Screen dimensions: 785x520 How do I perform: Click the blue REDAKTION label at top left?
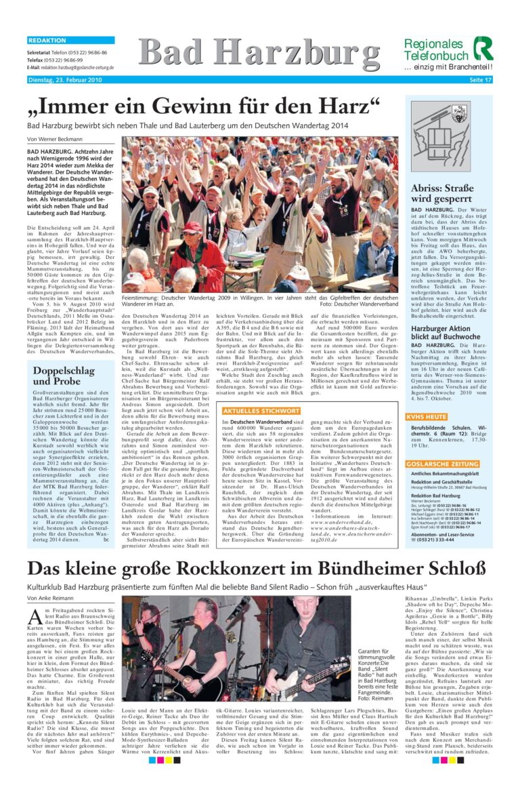pyautogui.click(x=47, y=41)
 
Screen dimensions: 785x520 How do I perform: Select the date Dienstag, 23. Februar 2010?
pyautogui.click(x=64, y=80)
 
